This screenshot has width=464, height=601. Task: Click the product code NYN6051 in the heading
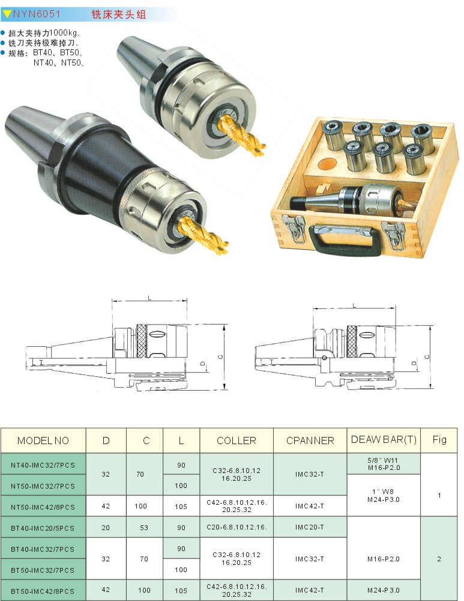tap(37, 14)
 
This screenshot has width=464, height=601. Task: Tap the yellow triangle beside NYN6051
tap(7, 14)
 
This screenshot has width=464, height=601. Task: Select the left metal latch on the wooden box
tap(294, 228)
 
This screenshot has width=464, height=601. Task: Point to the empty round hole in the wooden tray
tap(327, 164)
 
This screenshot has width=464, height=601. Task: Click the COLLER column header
tap(237, 441)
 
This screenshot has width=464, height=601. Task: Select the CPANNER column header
tap(310, 441)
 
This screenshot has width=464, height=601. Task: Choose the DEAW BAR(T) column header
tap(384, 440)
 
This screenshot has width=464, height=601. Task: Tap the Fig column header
tap(439, 440)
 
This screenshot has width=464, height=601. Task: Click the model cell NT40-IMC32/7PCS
tap(43, 465)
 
